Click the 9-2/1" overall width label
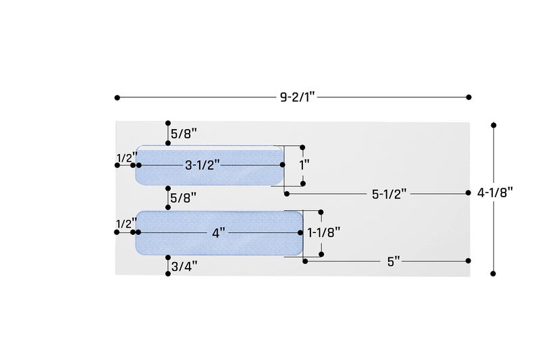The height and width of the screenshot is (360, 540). pyautogui.click(x=298, y=97)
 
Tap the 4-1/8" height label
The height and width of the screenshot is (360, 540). pyautogui.click(x=495, y=192)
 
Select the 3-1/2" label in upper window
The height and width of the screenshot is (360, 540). pyautogui.click(x=202, y=165)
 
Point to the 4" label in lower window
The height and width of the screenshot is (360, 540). pyautogui.click(x=219, y=233)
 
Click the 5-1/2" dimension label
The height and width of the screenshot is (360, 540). pyautogui.click(x=389, y=195)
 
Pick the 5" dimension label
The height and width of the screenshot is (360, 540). pyautogui.click(x=394, y=261)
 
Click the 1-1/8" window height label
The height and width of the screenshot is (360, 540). pyautogui.click(x=324, y=232)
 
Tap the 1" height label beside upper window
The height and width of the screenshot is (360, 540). pyautogui.click(x=304, y=165)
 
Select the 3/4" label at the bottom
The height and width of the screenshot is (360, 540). pyautogui.click(x=184, y=266)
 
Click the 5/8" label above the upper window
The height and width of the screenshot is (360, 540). pyautogui.click(x=184, y=133)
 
